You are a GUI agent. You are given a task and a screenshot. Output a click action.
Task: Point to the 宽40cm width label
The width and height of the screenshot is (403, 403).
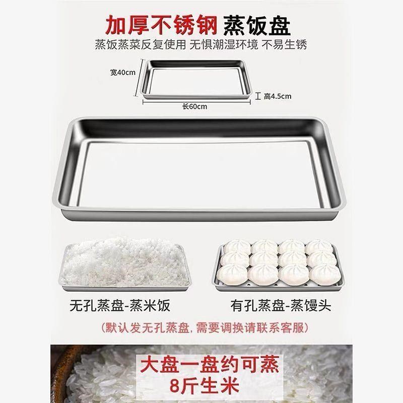coord(123,73)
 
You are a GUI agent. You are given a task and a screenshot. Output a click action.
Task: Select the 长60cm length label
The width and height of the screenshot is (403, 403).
coord(195,106)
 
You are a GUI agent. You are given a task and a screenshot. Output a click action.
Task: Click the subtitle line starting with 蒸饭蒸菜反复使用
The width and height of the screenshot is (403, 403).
coord(201,44)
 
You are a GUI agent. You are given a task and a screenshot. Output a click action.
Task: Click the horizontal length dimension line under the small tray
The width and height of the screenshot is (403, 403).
coord(196,101)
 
